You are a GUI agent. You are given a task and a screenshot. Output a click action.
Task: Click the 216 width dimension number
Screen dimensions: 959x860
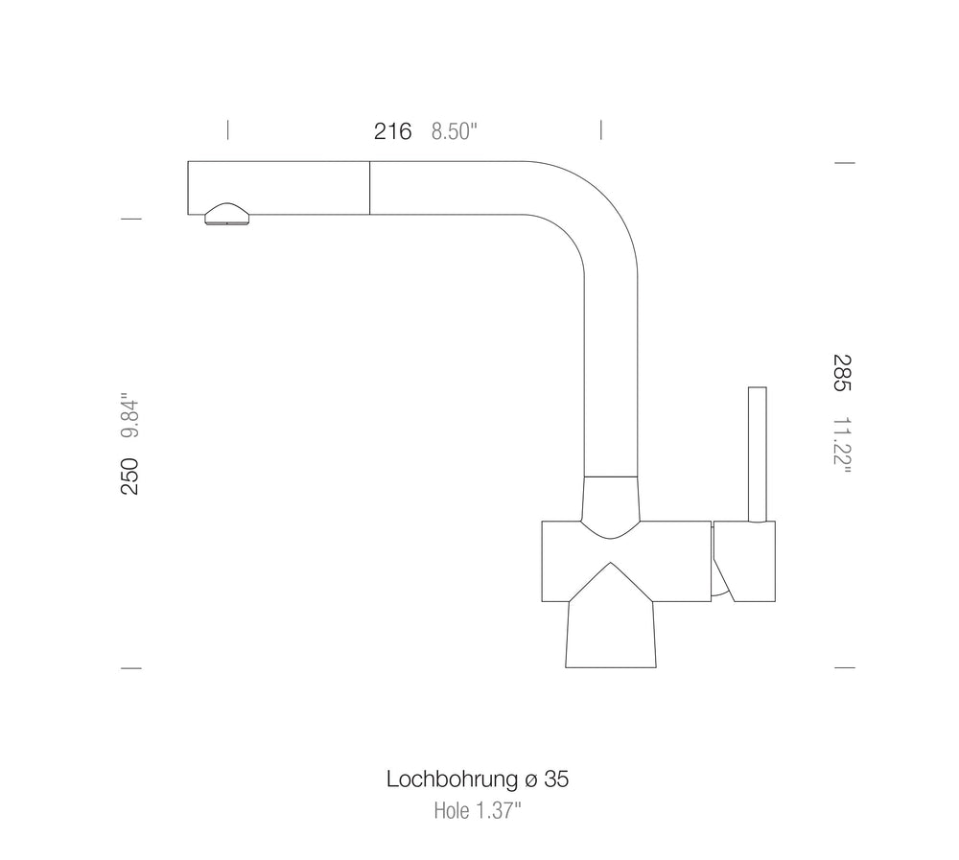(x=392, y=131)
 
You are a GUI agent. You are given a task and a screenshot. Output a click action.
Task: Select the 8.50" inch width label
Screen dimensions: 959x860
(x=454, y=131)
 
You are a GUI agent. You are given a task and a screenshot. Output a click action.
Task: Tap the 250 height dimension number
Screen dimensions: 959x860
(x=129, y=476)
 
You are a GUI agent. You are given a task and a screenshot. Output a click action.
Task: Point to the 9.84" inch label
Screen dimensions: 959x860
(x=129, y=415)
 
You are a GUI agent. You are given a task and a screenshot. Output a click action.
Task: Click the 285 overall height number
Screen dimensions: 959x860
(x=842, y=373)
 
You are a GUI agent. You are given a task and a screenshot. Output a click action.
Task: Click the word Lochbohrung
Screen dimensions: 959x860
(x=452, y=779)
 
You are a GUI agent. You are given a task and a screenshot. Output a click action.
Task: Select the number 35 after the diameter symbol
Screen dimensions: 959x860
(x=556, y=779)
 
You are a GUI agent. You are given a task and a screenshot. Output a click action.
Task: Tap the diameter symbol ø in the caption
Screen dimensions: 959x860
(x=531, y=781)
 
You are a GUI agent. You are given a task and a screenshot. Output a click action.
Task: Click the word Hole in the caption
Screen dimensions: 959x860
(x=452, y=811)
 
